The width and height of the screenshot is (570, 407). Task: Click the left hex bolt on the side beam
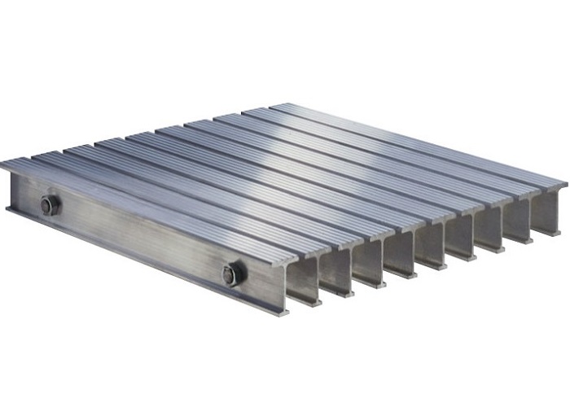click(x=50, y=206)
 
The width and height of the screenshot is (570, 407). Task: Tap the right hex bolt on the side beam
click(x=230, y=274)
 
